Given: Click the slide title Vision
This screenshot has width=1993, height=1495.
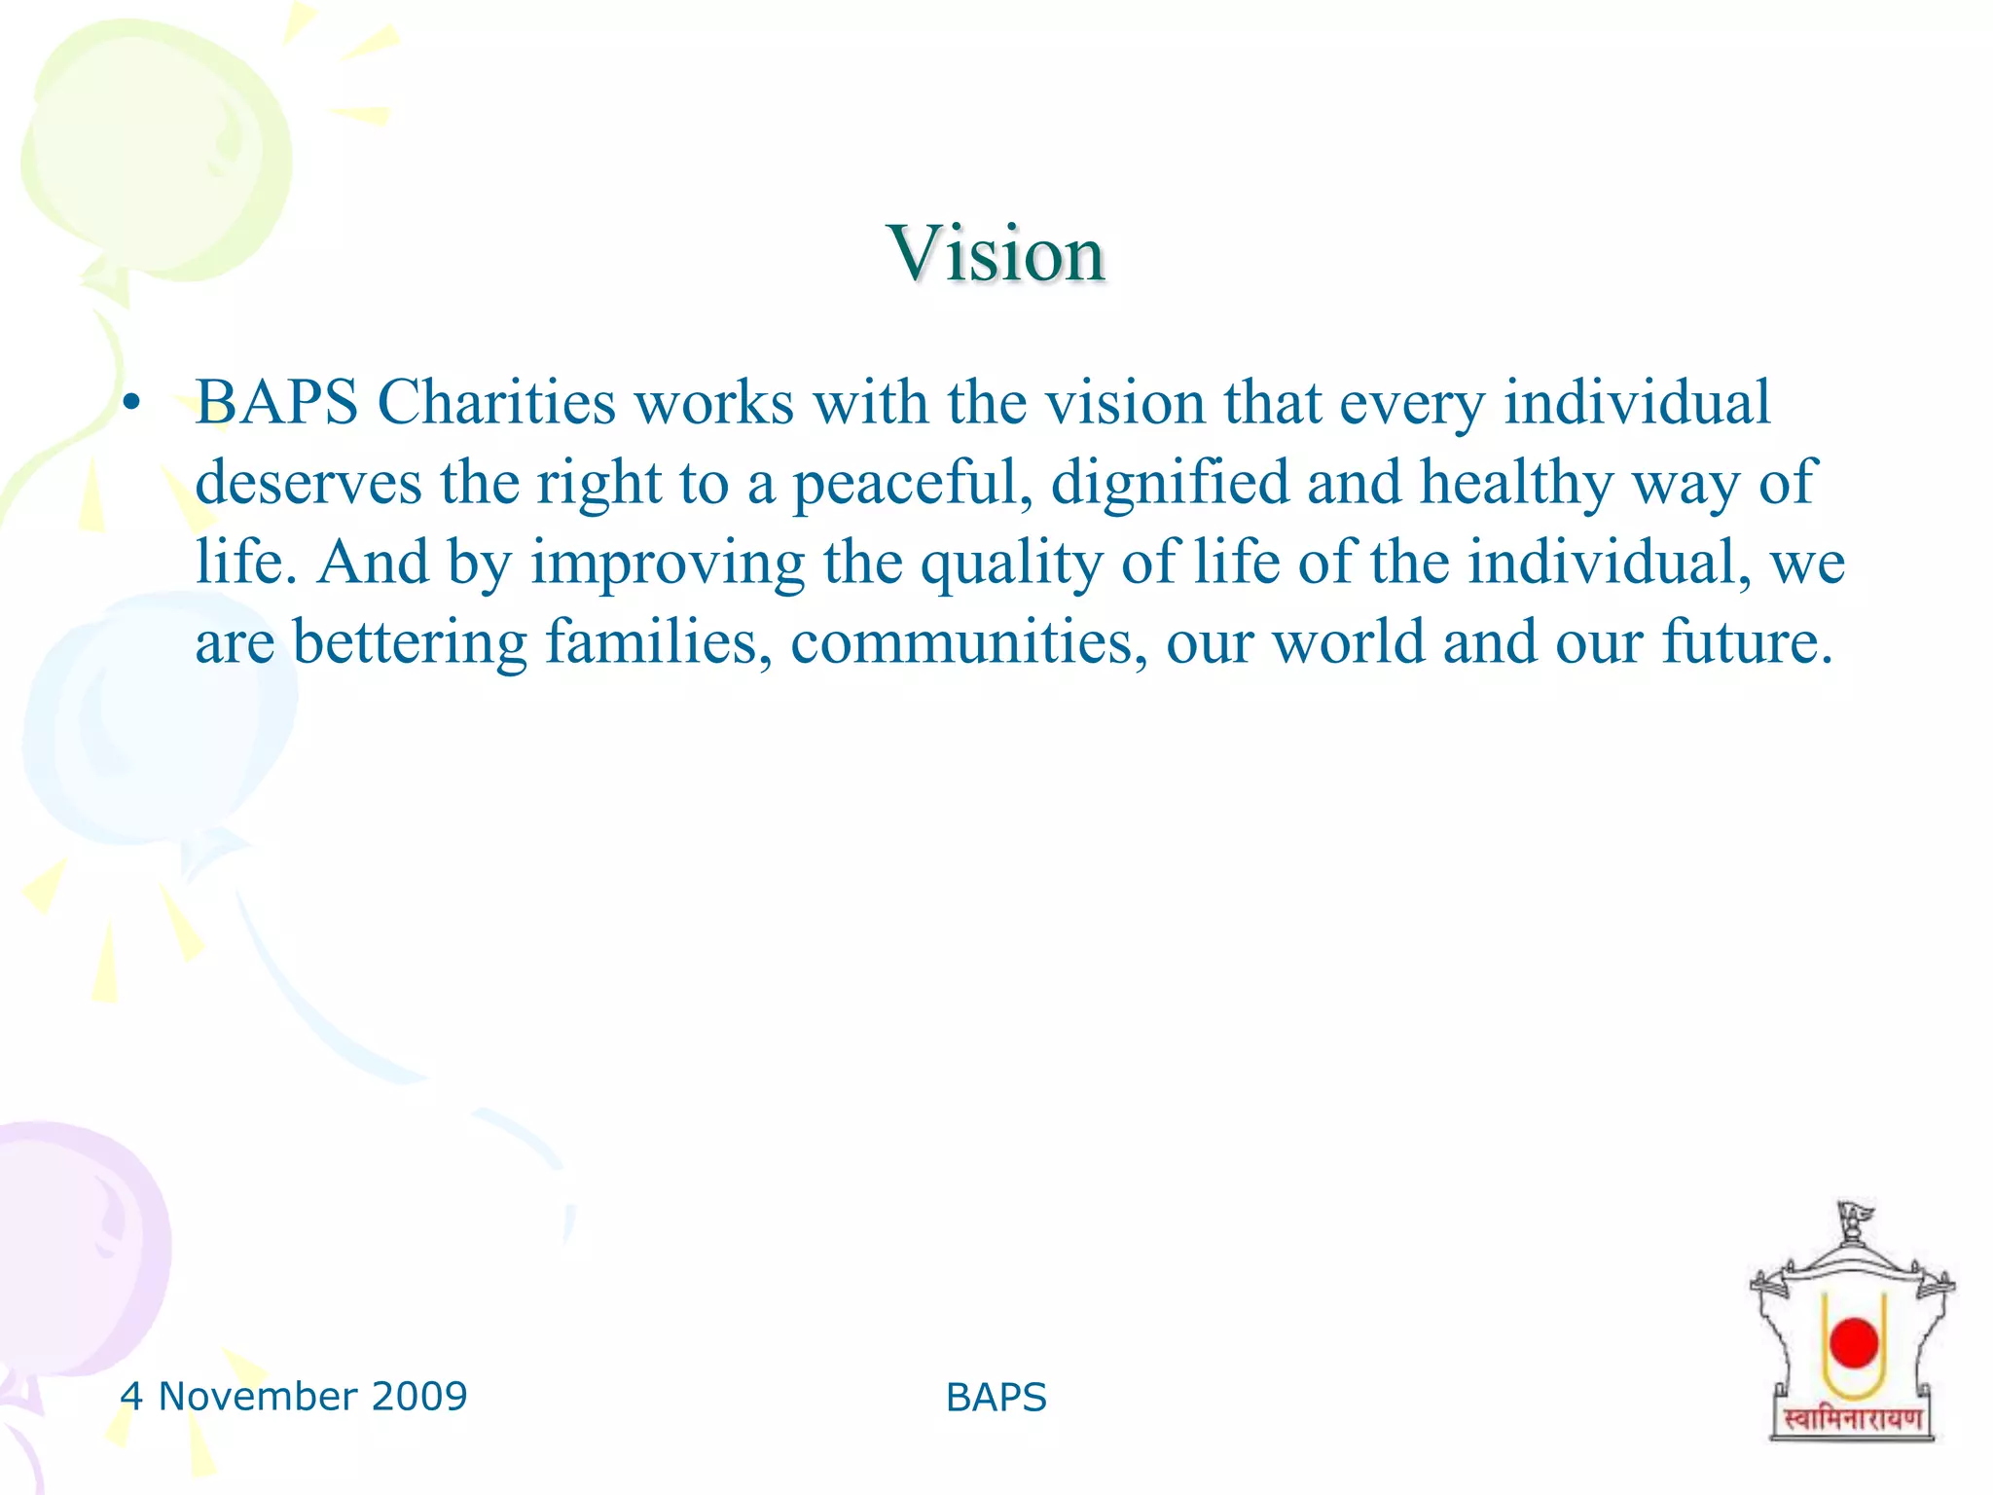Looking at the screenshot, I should point(996,253).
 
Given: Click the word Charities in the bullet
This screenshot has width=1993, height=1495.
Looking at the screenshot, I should point(496,402).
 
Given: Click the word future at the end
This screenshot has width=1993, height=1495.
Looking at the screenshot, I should point(1747,642).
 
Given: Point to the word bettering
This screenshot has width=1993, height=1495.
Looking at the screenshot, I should point(410,642).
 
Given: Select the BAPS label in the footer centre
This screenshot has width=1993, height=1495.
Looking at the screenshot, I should point(996,1398).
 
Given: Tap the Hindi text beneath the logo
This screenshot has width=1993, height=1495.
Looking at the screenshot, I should point(1852,1420).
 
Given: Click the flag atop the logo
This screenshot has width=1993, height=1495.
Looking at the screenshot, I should point(1855,1215).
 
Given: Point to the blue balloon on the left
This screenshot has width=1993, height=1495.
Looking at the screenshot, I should point(156,720).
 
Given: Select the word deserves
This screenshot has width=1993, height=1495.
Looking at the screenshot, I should point(308,484).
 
